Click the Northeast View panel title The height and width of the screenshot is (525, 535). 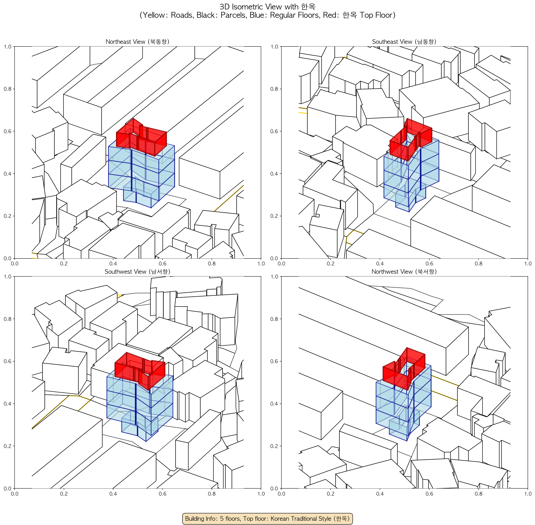tap(138, 42)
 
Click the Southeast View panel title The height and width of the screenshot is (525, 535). tap(404, 42)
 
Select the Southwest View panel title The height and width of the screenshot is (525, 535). tap(138, 272)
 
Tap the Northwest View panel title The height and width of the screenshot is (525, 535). tap(404, 272)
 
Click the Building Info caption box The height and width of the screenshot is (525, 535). tap(267, 518)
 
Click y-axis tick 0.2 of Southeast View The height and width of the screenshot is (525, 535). tap(274, 216)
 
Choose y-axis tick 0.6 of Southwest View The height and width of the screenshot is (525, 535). tap(7, 361)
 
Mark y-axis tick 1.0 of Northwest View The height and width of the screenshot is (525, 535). tap(274, 277)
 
